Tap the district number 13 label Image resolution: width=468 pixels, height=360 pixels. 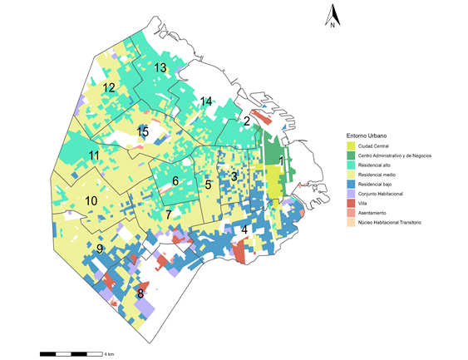[x=160, y=67]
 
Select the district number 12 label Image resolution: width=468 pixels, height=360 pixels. [x=109, y=87]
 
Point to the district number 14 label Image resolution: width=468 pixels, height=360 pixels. [x=206, y=101]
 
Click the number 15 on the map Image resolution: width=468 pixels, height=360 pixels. [x=144, y=131]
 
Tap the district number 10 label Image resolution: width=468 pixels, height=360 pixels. [x=91, y=201]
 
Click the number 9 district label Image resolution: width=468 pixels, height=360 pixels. [x=99, y=249]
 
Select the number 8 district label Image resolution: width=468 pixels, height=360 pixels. [x=140, y=293]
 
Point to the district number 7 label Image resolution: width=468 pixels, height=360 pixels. [x=169, y=215]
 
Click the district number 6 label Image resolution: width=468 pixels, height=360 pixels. [x=175, y=180]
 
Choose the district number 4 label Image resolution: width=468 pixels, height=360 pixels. [x=244, y=229]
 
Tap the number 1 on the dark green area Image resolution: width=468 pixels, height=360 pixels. [x=282, y=160]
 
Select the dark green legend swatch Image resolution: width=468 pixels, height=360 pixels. [x=351, y=155]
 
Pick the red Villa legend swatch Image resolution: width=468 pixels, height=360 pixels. [x=351, y=203]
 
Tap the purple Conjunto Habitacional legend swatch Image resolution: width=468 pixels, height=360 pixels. [x=351, y=193]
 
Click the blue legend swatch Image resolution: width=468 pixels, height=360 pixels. [x=351, y=184]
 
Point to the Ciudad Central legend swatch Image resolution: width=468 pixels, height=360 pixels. [x=351, y=145]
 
